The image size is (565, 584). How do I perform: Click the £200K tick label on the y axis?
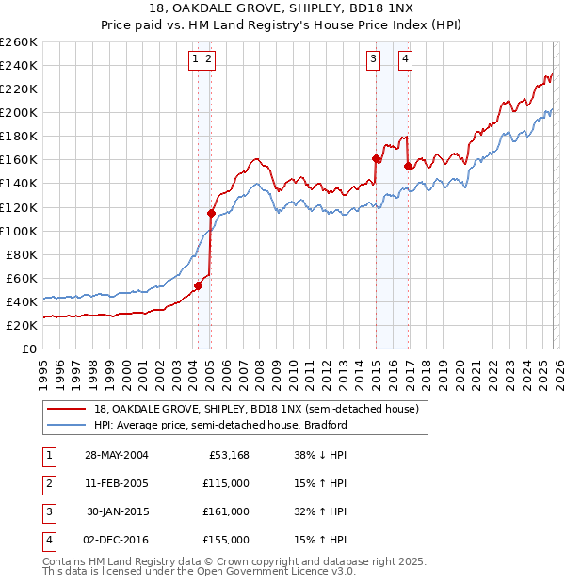[x=19, y=112]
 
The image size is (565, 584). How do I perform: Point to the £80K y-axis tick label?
[x=22, y=254]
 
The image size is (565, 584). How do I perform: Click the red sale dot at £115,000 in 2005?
[x=211, y=213]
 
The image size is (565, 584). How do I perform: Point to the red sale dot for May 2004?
[x=199, y=285]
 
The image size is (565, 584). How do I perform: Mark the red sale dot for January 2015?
[x=376, y=158]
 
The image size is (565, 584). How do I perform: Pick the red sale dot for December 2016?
[x=408, y=166]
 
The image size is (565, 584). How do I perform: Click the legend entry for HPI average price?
[x=220, y=425]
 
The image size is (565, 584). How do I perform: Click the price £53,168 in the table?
[x=228, y=455]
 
